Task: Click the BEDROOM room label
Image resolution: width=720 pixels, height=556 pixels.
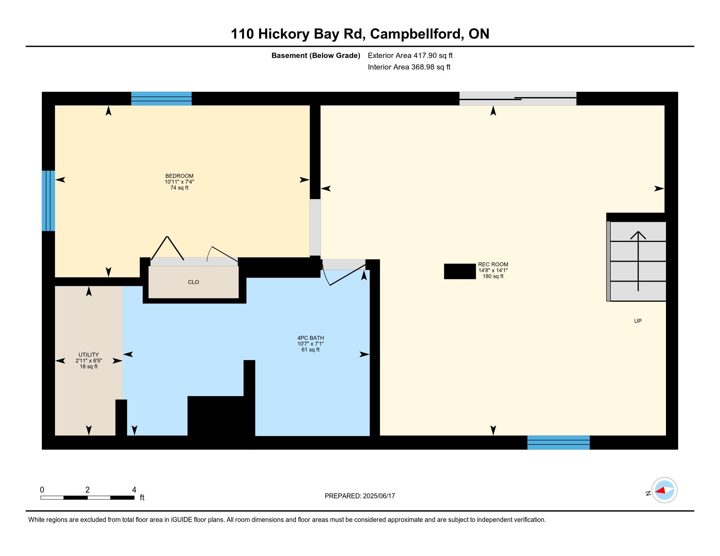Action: point(179,176)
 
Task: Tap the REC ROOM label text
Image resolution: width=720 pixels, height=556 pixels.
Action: point(493,264)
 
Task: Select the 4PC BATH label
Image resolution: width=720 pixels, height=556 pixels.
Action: point(311,338)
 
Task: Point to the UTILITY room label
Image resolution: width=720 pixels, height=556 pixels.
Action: point(89,355)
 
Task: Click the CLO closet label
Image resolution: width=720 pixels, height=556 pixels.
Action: point(193,282)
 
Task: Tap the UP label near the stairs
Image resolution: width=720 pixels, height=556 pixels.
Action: point(638,321)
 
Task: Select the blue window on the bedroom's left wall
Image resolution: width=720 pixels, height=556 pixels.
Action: point(48,200)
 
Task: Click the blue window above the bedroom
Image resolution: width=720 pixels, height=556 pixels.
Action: point(162,98)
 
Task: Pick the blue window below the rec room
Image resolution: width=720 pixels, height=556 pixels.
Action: point(558,443)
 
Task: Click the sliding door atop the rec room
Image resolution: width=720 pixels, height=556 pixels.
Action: point(518,98)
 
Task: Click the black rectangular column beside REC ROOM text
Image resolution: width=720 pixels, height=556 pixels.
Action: point(460,271)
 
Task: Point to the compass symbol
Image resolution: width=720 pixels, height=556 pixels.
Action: point(664,490)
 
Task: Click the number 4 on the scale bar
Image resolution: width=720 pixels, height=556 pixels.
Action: point(134,490)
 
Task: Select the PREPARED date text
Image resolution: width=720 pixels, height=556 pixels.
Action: point(360,496)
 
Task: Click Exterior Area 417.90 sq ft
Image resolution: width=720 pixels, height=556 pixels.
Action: point(410,55)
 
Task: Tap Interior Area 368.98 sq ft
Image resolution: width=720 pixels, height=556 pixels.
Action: point(409,67)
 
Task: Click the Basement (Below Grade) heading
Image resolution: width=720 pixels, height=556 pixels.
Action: point(316,55)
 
